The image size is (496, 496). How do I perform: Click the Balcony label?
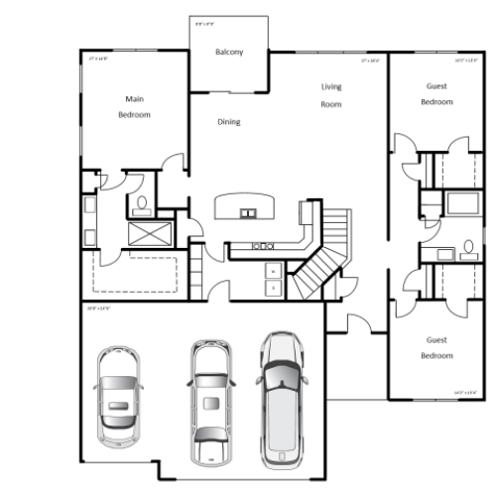pyautogui.click(x=229, y=53)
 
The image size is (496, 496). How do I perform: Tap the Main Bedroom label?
pyautogui.click(x=135, y=107)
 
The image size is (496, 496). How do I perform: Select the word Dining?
pyautogui.click(x=229, y=122)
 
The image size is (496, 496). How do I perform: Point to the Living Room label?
pyautogui.click(x=330, y=95)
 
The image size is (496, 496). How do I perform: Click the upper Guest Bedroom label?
pyautogui.click(x=436, y=94)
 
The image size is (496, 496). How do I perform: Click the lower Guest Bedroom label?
pyautogui.click(x=436, y=347)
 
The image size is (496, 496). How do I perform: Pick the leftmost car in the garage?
pyautogui.click(x=119, y=397)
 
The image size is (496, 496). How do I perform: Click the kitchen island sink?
pyautogui.click(x=246, y=211)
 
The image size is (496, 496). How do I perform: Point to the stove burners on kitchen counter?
pyautogui.click(x=263, y=245)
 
